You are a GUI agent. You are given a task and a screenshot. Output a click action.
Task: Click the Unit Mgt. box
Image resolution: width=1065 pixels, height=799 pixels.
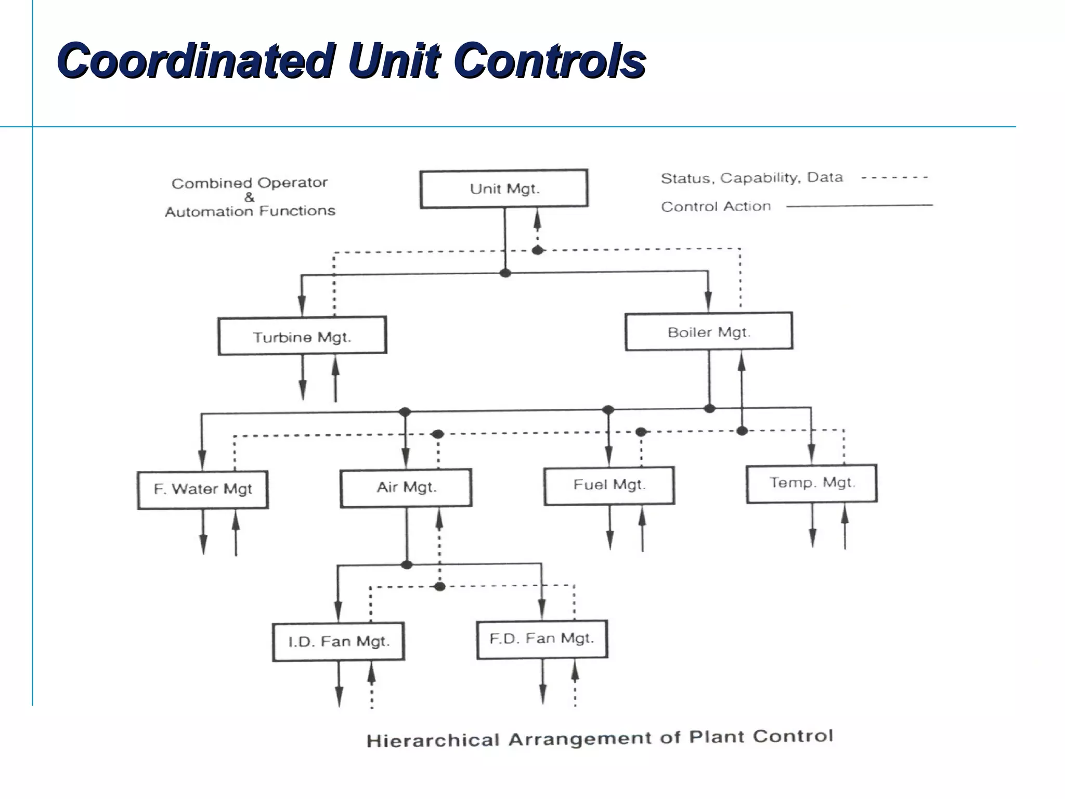[504, 189]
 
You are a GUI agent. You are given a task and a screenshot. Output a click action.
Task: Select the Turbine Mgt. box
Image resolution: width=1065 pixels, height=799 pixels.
[302, 336]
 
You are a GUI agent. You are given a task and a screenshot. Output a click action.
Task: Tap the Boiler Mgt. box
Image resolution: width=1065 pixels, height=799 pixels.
[709, 331]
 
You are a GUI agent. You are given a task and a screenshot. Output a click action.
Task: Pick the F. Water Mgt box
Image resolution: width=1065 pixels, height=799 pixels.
[203, 489]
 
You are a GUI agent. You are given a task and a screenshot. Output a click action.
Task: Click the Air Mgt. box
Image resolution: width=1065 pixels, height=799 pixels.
[406, 487]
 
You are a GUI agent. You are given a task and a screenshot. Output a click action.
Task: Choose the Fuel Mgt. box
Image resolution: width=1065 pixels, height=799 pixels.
[609, 485]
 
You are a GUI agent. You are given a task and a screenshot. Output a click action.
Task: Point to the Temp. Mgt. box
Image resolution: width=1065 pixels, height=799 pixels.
[811, 483]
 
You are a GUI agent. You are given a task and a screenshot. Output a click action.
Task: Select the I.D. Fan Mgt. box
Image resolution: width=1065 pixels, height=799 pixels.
[339, 641]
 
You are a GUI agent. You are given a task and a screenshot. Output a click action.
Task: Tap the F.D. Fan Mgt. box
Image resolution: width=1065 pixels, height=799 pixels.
[542, 639]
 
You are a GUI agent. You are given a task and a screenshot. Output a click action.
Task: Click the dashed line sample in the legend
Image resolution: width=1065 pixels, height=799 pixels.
[894, 178]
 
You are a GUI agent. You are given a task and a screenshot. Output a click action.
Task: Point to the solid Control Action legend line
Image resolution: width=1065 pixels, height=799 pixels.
[859, 206]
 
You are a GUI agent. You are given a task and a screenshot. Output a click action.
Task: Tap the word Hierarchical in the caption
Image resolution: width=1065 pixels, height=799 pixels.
[433, 740]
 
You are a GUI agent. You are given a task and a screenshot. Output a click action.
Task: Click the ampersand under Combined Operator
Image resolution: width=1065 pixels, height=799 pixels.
[250, 197]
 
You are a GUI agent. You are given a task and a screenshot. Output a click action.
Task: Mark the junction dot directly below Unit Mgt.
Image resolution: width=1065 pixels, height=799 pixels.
[505, 273]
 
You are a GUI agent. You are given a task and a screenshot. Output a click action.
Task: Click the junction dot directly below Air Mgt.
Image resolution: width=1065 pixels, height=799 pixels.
[407, 565]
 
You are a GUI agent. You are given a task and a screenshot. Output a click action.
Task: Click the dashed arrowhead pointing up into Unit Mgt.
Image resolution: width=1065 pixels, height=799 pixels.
[538, 221]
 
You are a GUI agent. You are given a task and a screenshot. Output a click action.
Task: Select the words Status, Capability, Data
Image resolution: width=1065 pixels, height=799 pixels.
[751, 178]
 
